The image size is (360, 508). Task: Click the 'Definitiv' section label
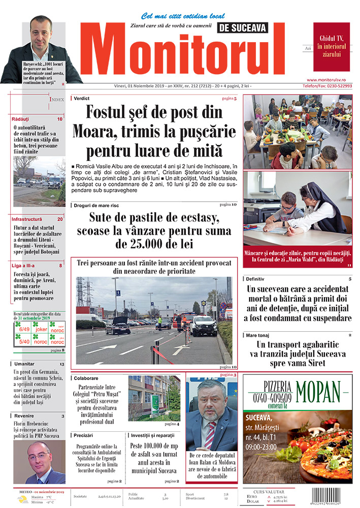(257, 279)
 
